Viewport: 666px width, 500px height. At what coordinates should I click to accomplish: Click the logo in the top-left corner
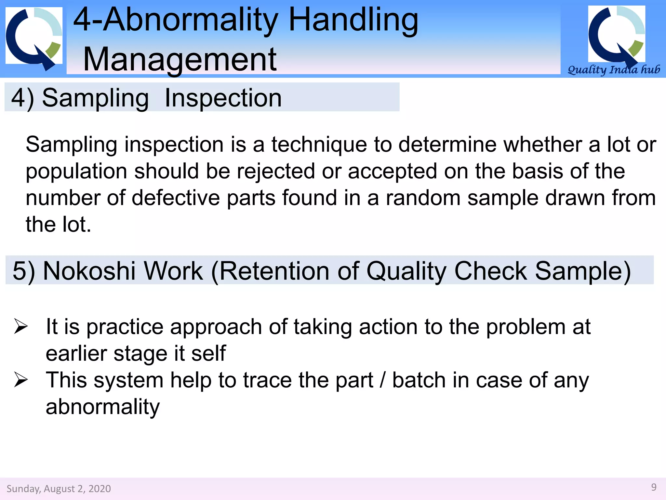(x=34, y=37)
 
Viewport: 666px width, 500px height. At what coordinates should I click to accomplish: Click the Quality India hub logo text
(x=613, y=70)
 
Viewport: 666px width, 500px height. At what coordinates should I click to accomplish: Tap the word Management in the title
(x=180, y=60)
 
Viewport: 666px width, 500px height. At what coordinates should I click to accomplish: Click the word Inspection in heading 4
(x=223, y=98)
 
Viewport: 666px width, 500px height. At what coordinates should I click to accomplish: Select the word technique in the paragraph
(x=319, y=145)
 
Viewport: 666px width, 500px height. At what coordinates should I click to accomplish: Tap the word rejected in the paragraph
(x=275, y=172)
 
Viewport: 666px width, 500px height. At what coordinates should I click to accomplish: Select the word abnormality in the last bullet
(x=103, y=407)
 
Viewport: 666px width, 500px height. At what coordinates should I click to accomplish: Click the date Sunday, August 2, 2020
(x=59, y=489)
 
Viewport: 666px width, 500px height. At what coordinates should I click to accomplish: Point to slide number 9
(x=654, y=487)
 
